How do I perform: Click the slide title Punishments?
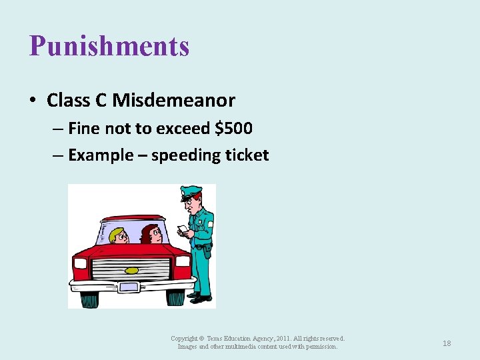point(109,47)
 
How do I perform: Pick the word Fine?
point(84,128)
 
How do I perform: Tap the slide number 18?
point(447,343)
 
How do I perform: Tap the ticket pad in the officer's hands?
point(182,230)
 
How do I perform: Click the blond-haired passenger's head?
point(118,235)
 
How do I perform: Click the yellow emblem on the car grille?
point(132,270)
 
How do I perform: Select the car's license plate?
point(128,287)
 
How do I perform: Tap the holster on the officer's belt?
point(207,251)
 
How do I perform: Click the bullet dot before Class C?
point(33,101)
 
